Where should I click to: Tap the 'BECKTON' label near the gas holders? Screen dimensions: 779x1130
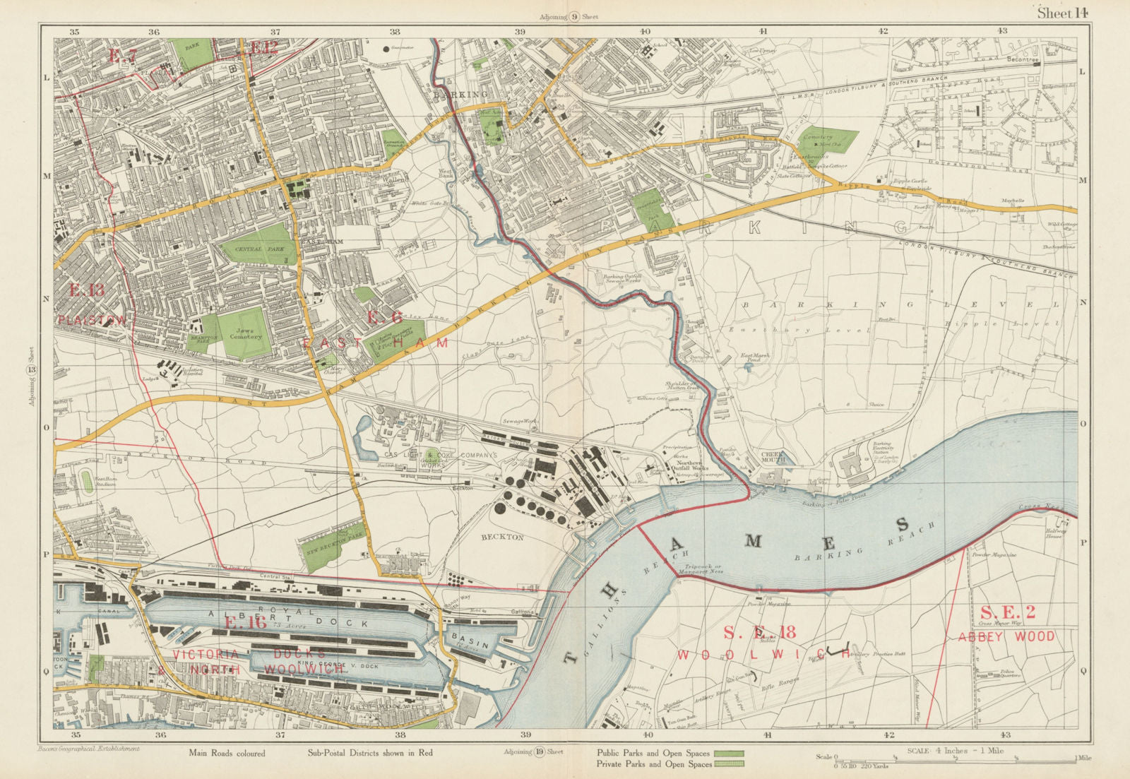click(x=502, y=537)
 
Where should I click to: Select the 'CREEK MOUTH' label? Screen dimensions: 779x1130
click(x=773, y=456)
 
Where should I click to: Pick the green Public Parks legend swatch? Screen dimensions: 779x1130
click(x=728, y=754)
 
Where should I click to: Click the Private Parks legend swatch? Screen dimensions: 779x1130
click(x=728, y=764)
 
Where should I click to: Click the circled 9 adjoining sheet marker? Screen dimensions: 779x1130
click(x=575, y=17)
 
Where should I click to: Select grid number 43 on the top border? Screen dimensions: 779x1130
click(x=1001, y=30)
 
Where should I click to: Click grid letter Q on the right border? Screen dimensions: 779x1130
click(x=1084, y=672)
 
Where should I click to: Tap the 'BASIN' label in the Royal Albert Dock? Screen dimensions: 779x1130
click(x=464, y=636)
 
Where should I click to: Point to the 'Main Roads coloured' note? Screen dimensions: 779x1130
click(x=227, y=753)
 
